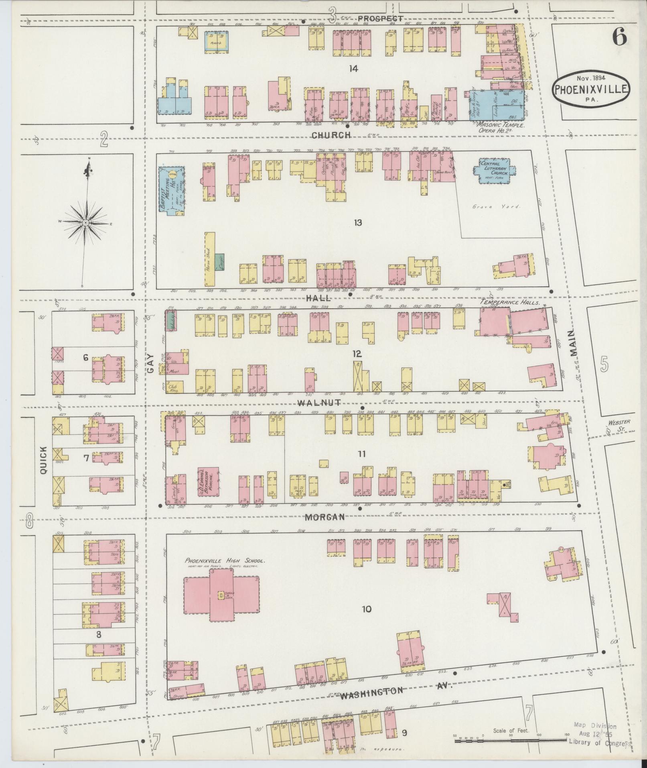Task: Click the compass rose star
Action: [x=86, y=222]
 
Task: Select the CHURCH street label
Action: [x=331, y=135]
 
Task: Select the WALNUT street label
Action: [x=319, y=402]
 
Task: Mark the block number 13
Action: [x=358, y=222]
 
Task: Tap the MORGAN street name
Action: [x=325, y=517]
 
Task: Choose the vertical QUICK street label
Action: [x=43, y=460]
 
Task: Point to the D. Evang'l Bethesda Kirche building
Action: [x=209, y=483]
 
